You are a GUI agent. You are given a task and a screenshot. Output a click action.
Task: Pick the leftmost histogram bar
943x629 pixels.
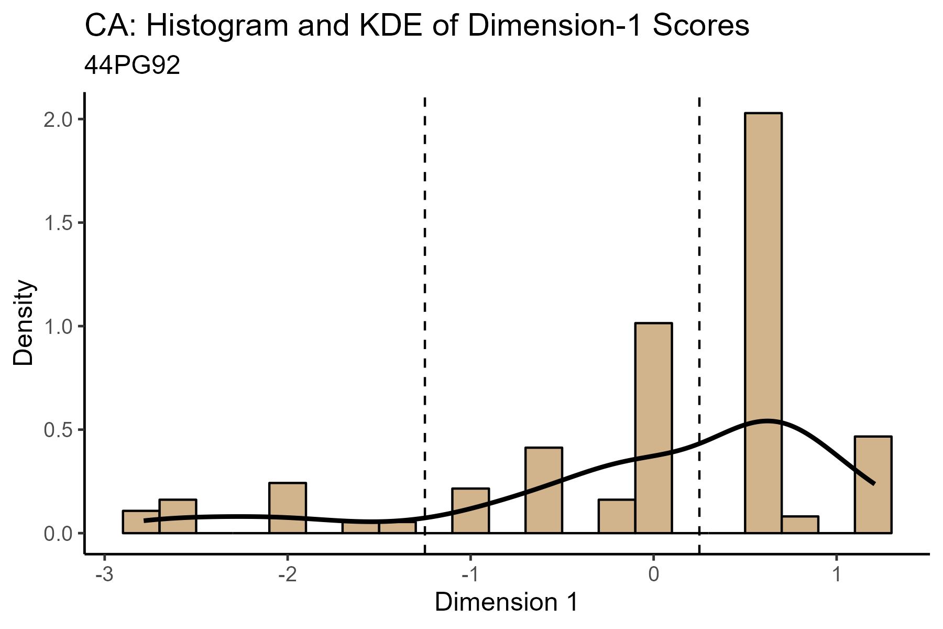141,522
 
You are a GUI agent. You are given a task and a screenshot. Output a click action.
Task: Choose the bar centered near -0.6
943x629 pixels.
543,490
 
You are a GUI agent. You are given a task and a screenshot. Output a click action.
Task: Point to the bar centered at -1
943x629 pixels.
470,511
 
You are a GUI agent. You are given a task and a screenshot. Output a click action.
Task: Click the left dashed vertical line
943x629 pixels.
424,314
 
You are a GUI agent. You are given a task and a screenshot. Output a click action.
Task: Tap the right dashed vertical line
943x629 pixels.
699,314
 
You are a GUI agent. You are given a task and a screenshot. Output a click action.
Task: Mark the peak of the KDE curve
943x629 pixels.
767,421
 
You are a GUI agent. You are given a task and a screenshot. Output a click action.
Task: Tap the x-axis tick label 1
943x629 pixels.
837,574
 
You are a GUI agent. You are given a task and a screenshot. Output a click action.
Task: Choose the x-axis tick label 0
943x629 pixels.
653,574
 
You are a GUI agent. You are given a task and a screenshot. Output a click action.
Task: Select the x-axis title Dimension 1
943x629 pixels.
506,603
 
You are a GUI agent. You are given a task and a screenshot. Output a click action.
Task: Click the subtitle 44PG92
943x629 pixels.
132,66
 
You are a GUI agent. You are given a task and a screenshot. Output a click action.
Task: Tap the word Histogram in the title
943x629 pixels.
217,26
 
